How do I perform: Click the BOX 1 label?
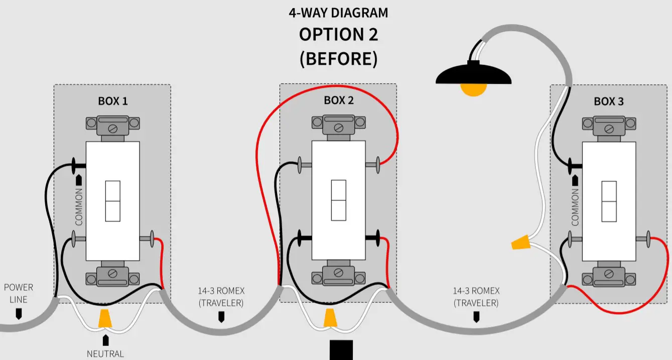112,101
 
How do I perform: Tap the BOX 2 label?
338,100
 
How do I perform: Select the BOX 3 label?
609,101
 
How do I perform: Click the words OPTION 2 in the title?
338,35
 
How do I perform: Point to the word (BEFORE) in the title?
338,59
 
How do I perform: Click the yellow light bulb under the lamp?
474,89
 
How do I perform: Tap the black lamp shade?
473,75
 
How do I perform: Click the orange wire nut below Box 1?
105,318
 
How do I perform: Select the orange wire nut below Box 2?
330,318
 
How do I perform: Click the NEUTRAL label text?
105,353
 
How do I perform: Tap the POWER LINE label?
19,293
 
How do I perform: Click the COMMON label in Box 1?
78,206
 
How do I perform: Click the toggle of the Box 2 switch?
338,200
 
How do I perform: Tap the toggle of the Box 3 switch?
609,201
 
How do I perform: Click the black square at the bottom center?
341,350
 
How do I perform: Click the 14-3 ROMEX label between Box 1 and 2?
221,297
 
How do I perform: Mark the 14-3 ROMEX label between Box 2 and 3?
476,297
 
